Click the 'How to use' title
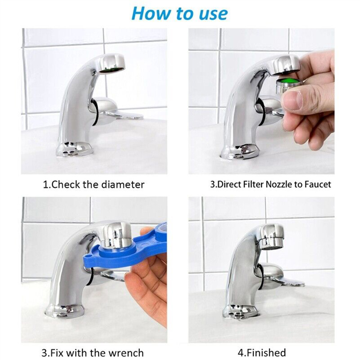click(x=179, y=13)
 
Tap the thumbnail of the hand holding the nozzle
click(x=309, y=101)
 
